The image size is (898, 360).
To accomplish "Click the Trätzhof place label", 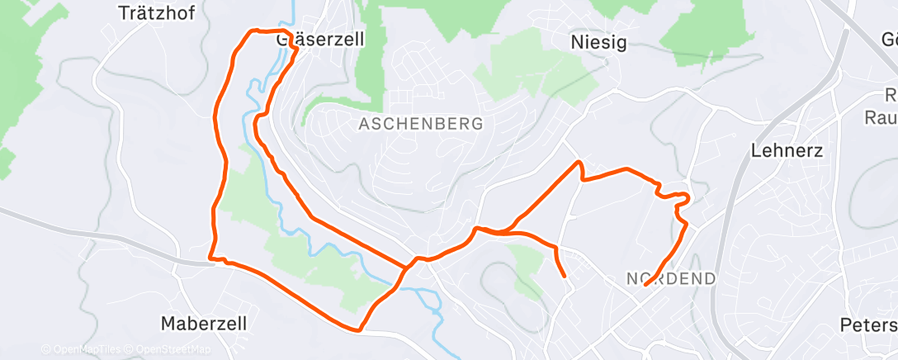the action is [x=156, y=13].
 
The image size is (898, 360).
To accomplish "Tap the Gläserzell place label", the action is [x=320, y=39].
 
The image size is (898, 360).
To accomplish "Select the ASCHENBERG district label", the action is [x=420, y=124].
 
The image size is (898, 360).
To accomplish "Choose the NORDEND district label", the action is [x=671, y=279].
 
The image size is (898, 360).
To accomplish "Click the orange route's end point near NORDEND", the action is [x=645, y=286].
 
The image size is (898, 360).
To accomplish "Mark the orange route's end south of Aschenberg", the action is [x=565, y=276].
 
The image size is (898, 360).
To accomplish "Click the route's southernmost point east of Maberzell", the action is [x=359, y=330].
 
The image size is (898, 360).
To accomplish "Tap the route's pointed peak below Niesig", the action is [x=580, y=162].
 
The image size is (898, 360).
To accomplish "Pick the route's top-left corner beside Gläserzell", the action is [x=252, y=31].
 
